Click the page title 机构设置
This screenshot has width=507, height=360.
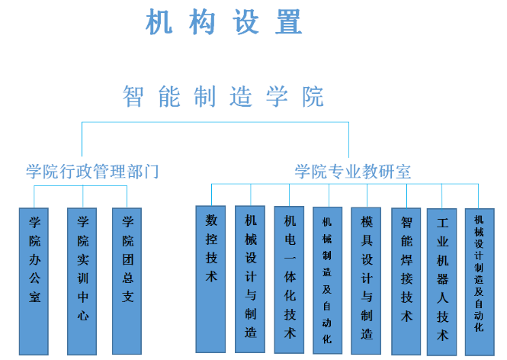coord(224,23)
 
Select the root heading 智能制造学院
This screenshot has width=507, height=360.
coord(223,97)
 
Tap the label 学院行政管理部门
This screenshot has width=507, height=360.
coord(93,172)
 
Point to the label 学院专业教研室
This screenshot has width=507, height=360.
coord(353,172)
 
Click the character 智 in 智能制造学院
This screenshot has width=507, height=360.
coord(134,97)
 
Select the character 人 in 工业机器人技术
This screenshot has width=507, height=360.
coord(443,298)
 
